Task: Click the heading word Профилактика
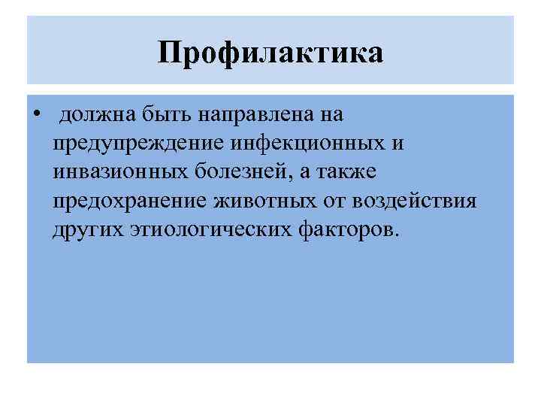270,52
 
